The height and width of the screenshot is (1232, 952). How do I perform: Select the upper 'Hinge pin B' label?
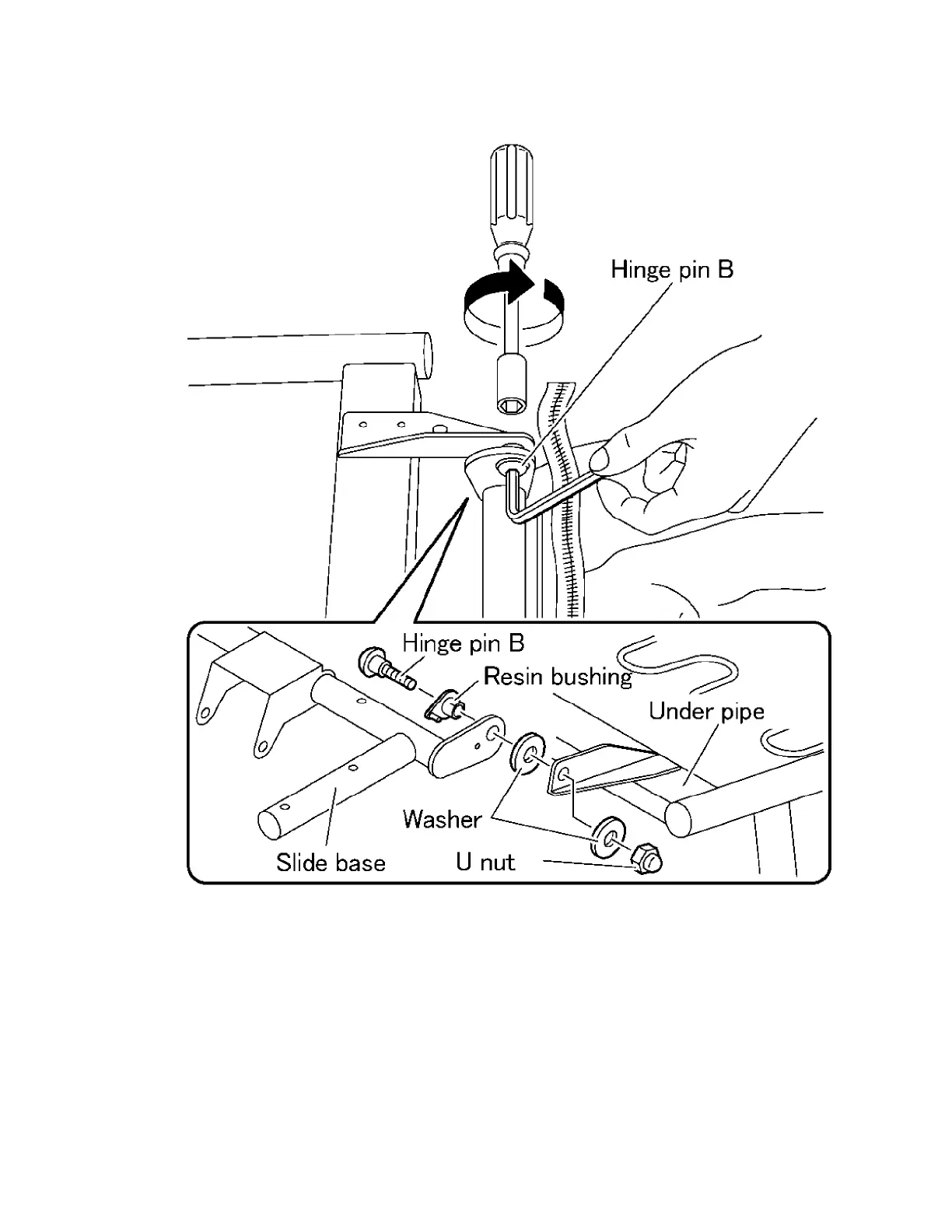point(671,270)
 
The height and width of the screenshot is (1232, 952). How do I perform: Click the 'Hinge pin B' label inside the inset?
point(463,643)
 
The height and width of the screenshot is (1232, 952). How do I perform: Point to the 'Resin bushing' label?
point(558,676)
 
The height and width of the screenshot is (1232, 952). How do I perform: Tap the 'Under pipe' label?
point(706,711)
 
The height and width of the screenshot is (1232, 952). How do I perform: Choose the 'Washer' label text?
point(442,818)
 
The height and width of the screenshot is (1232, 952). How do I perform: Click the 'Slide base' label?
point(331,862)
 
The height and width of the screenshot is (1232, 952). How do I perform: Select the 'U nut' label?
point(485,862)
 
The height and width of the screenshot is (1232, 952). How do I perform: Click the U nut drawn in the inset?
point(646,859)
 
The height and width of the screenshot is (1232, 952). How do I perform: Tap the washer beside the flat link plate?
point(527,752)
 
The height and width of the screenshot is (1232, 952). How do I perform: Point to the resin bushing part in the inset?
point(445,704)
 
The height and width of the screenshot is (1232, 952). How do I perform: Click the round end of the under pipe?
point(679,819)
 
